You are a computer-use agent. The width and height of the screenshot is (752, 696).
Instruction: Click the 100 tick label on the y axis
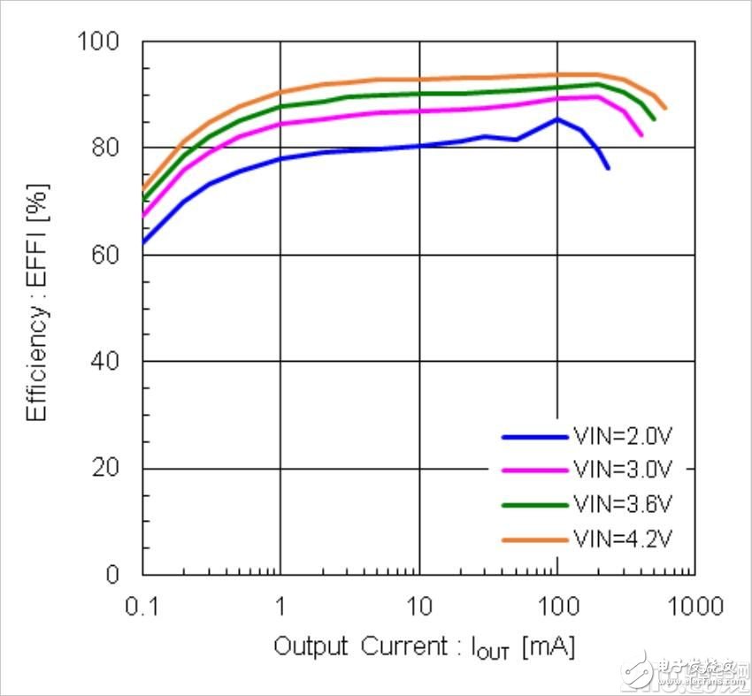point(105,42)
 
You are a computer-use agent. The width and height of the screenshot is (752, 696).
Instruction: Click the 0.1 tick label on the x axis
point(142,607)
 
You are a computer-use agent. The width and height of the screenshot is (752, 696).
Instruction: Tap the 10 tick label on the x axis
point(418,607)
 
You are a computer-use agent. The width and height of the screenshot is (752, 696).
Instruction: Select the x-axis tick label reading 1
point(280,607)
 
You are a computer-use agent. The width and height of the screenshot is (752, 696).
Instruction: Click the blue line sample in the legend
point(534,436)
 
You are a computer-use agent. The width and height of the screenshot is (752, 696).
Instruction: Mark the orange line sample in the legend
point(534,538)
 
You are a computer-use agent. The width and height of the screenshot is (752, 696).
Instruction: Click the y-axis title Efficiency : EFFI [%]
point(37,303)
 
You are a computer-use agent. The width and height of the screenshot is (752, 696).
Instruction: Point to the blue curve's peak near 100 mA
point(556,119)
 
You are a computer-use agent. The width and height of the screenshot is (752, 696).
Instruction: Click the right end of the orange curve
point(665,109)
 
